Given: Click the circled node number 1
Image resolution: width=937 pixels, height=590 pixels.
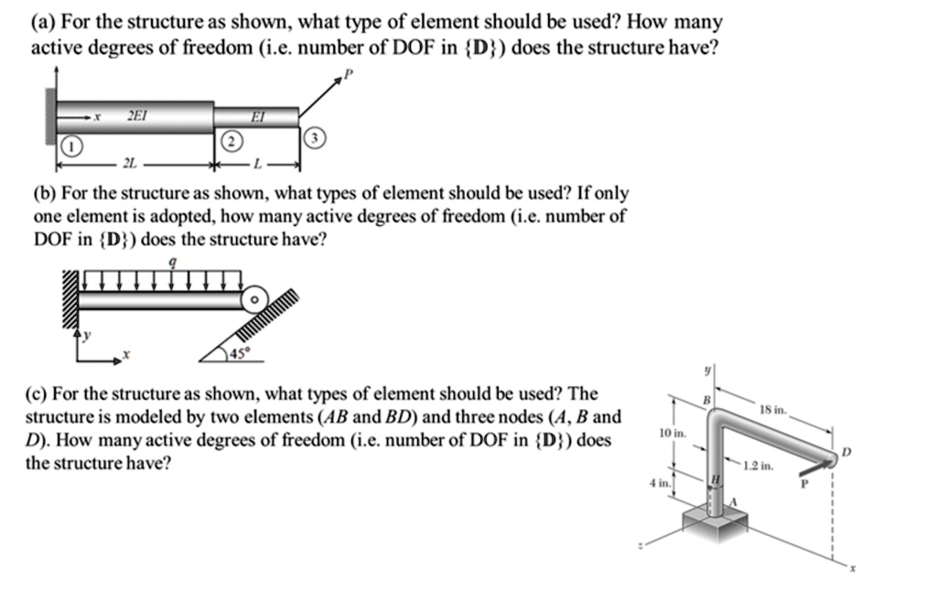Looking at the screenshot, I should [71, 146].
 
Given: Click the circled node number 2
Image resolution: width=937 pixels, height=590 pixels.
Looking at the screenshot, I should [232, 140].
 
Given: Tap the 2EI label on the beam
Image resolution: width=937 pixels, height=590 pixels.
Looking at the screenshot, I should [135, 116].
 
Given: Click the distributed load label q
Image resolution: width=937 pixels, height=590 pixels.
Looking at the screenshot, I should [174, 263].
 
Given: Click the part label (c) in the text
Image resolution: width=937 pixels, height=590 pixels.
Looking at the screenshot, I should [41, 394].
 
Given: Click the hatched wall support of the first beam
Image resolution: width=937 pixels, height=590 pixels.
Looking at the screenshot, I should [49, 117].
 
